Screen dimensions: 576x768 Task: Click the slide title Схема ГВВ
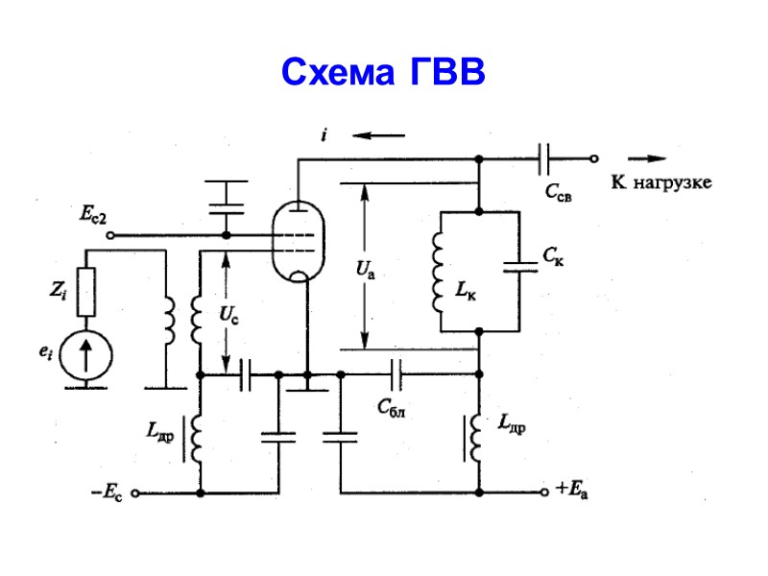[x=383, y=72]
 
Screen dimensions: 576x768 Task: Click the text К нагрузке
[x=661, y=182]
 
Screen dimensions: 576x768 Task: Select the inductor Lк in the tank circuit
[x=439, y=271]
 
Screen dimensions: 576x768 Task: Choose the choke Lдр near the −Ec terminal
[x=197, y=438]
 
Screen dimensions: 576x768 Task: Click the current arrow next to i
[x=372, y=135]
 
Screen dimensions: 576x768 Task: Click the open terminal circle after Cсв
[x=594, y=159]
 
